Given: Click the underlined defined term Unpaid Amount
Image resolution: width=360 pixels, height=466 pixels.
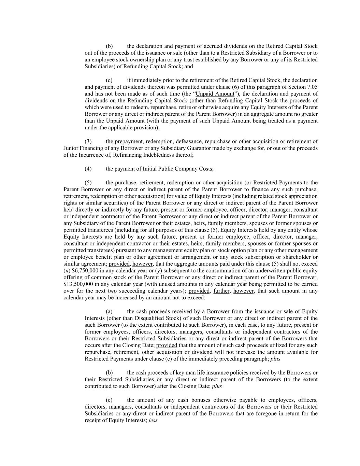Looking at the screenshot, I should tap(215, 94).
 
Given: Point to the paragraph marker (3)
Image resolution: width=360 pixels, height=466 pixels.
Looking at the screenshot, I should tap(88, 141).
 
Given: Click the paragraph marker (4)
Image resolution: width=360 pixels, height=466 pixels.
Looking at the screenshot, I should tap(88, 169).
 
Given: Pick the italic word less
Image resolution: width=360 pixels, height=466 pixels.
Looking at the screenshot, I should tap(153, 421).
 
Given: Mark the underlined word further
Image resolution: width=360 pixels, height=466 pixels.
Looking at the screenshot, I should tap(222, 291).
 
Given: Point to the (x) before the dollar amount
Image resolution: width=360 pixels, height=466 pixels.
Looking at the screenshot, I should tap(67, 271).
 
